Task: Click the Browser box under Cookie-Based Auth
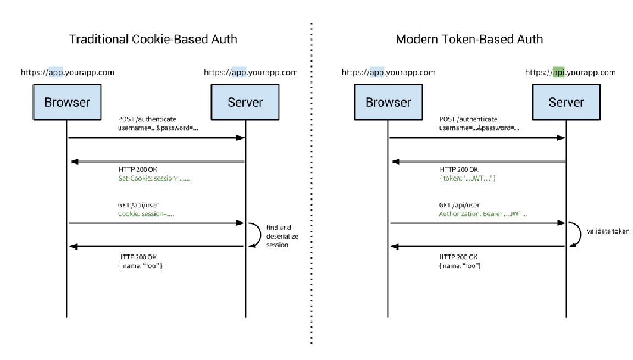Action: coord(67,102)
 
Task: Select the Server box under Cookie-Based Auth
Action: coord(245,102)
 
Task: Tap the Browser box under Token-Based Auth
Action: coord(388,102)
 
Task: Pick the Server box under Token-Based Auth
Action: coord(566,102)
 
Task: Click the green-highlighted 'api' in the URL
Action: coord(558,72)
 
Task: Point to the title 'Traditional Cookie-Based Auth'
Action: coord(153,39)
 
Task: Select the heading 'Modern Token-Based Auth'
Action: coord(469,39)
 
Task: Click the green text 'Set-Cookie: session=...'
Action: coord(155,179)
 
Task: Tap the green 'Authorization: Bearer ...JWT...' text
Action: coord(483,214)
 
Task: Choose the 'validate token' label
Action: coord(608,231)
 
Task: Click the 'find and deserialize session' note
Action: coord(282,236)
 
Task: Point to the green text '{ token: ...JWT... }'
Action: coord(467,179)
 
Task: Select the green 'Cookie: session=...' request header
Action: coord(146,214)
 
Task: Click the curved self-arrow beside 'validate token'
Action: coord(580,234)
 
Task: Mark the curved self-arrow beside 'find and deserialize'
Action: coord(260,234)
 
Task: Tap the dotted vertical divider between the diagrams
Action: coord(311,184)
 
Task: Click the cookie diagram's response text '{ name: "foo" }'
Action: coord(140,266)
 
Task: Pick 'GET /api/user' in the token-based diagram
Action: coord(459,205)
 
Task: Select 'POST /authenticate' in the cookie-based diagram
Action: coord(147,119)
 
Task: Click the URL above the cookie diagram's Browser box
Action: coord(68,73)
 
